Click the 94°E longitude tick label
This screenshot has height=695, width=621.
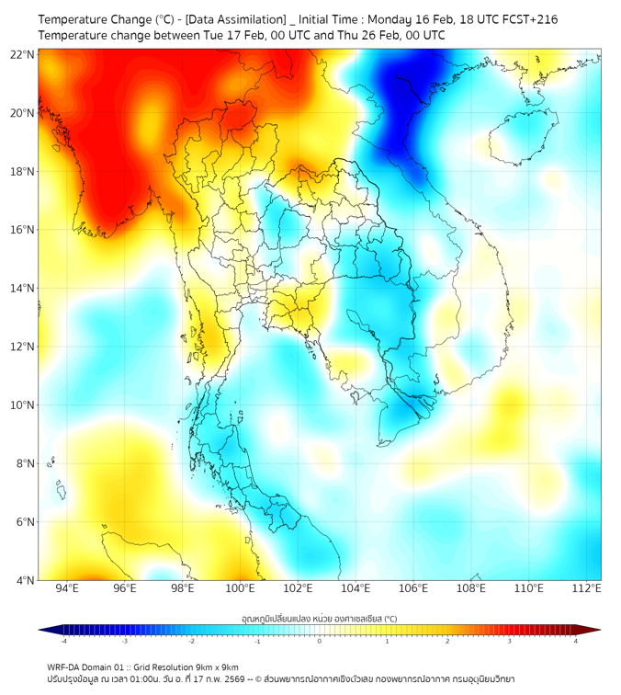[x=67, y=588]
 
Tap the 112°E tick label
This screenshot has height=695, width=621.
[x=586, y=588]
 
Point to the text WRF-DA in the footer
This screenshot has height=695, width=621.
[x=65, y=667]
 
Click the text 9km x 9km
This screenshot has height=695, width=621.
[x=213, y=667]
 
